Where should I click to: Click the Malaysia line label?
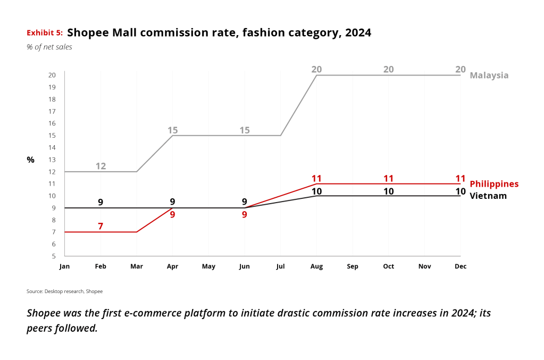tap(489, 76)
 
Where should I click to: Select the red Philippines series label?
tap(494, 184)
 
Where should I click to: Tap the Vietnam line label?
tap(488, 196)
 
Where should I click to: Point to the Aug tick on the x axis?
tap(316, 266)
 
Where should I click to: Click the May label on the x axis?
tap(208, 266)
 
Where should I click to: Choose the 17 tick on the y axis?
tap(52, 111)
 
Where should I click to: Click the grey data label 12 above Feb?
tap(101, 166)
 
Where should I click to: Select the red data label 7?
tap(101, 227)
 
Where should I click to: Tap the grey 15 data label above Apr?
tap(172, 130)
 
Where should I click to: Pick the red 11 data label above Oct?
tap(389, 178)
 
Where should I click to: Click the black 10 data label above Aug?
tap(316, 191)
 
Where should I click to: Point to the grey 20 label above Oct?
tap(389, 70)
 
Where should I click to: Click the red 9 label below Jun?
tap(245, 215)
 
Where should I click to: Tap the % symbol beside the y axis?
tap(30, 160)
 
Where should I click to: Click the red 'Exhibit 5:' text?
tap(45, 33)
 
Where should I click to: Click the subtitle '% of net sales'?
tap(49, 47)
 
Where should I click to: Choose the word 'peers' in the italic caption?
tap(40, 328)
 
